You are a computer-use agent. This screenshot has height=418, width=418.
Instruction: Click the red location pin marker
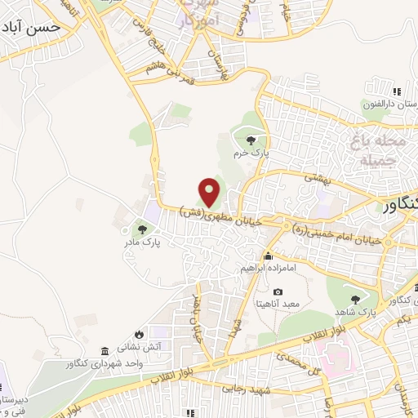[x=211, y=192]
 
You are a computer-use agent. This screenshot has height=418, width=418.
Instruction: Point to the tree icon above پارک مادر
[x=144, y=229]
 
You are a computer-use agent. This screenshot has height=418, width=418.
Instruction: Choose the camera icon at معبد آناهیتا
[x=278, y=291]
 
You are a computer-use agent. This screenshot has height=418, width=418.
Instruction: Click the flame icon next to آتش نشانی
[x=140, y=334]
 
